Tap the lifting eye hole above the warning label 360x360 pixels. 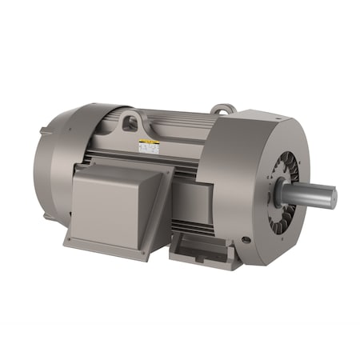(x=130, y=122)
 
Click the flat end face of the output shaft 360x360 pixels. (x=331, y=198)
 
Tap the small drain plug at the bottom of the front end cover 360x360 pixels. (x=244, y=240)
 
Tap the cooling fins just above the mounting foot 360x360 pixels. (x=196, y=227)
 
